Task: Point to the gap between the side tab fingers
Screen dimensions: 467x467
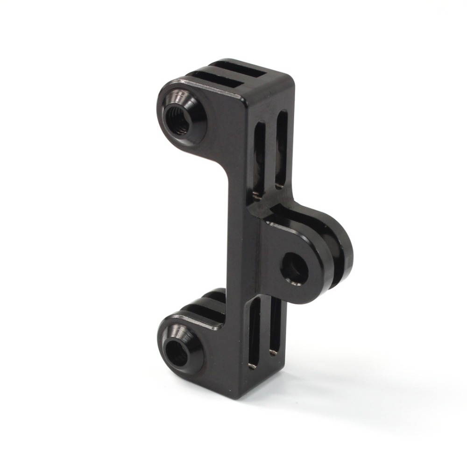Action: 333,262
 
